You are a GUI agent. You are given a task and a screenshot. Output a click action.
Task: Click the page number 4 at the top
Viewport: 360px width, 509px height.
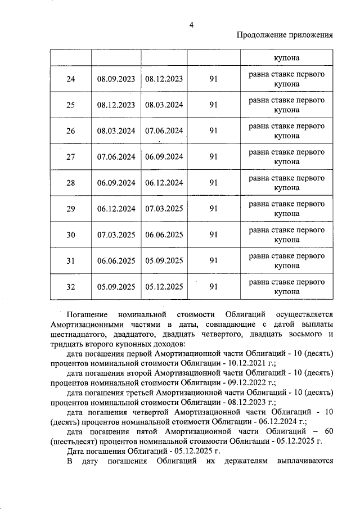tap(191, 25)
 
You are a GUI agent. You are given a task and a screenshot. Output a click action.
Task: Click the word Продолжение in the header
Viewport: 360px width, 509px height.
tap(262, 35)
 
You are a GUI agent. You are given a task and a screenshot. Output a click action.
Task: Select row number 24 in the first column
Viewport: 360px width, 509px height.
tap(70, 79)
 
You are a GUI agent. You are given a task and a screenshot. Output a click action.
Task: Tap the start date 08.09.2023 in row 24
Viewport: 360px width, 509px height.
tap(116, 79)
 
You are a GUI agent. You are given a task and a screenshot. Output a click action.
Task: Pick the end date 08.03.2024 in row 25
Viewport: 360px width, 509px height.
tap(164, 105)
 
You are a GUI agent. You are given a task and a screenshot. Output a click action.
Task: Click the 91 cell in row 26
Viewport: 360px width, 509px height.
tap(213, 131)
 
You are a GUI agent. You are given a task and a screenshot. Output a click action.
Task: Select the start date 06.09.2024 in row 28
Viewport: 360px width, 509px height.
tap(116, 183)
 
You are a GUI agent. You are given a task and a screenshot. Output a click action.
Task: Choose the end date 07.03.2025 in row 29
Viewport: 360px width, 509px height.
tap(164, 209)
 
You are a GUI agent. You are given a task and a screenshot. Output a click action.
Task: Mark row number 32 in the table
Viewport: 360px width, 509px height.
tap(70, 287)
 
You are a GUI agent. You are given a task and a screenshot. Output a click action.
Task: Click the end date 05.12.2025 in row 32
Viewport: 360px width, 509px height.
tap(164, 287)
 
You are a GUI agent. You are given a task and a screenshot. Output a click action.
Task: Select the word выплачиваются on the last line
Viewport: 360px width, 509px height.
tap(305, 462)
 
